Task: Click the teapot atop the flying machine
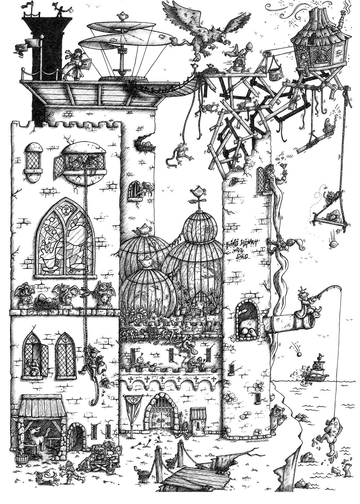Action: click(121, 15)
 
